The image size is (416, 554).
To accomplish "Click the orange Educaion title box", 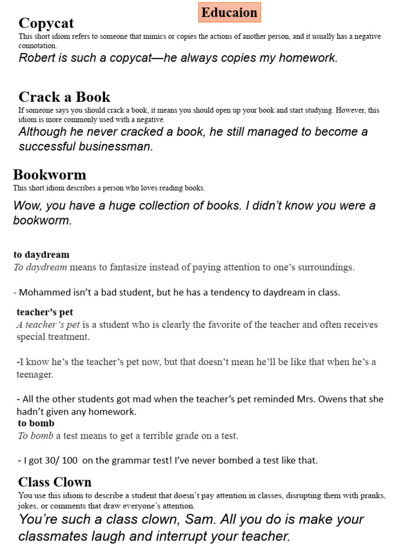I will (x=230, y=12).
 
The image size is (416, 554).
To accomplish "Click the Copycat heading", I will (x=46, y=23).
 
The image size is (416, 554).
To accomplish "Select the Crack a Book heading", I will (x=64, y=97).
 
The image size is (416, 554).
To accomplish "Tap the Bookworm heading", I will (x=49, y=174).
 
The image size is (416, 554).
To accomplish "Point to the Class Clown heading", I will (x=54, y=482).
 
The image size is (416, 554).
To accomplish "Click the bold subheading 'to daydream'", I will (x=41, y=254).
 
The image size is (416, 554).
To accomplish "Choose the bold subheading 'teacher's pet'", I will (x=44, y=312).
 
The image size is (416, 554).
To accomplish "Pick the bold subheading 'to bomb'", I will (x=36, y=423).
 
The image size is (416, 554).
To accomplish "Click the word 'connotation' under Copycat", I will (x=37, y=46).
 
